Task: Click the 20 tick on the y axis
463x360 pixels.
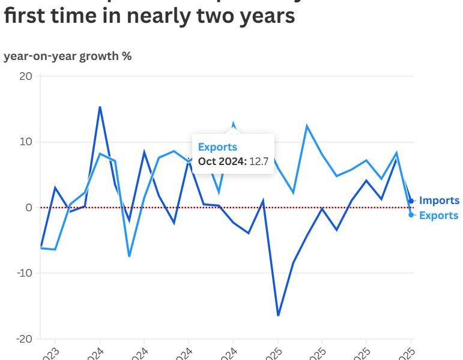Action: tap(26, 76)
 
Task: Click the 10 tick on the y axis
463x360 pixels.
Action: tap(26, 142)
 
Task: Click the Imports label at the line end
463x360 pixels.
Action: tap(438, 200)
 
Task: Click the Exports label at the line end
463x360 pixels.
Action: tap(438, 215)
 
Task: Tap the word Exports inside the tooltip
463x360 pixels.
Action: tap(217, 147)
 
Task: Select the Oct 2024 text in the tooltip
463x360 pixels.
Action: tap(222, 161)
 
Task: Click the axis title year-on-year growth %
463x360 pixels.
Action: tap(68, 56)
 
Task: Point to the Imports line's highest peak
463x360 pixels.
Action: tap(100, 107)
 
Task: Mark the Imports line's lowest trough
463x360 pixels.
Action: tap(278, 315)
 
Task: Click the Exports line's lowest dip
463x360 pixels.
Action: tap(129, 256)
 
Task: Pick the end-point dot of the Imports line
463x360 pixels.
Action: tap(411, 201)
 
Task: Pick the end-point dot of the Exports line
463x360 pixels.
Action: tap(411, 214)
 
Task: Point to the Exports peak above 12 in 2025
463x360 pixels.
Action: tap(307, 126)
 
